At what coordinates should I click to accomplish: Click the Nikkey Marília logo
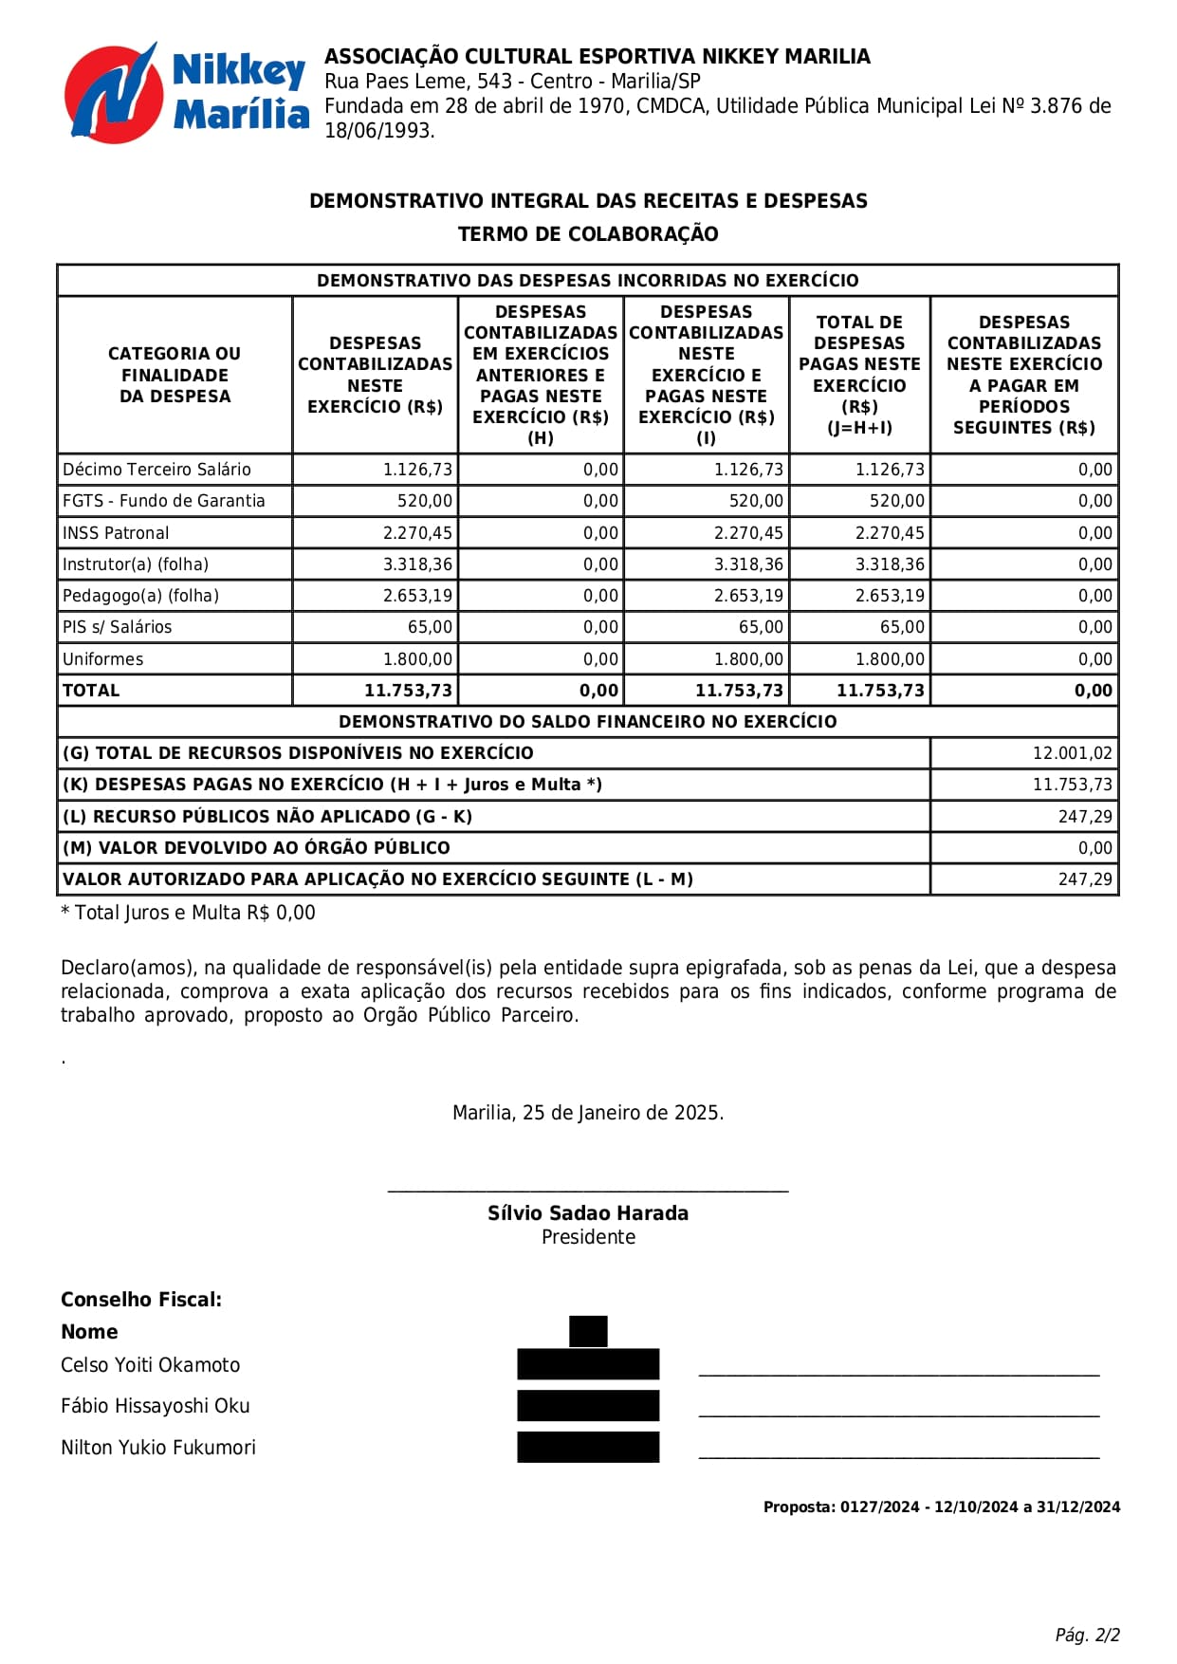(x=186, y=93)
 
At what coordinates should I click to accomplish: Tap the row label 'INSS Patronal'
(x=116, y=533)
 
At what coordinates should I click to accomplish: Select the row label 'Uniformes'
(x=102, y=659)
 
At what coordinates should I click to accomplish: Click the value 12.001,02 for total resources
(x=1072, y=753)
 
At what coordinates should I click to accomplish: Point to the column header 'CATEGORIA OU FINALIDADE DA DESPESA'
(x=175, y=375)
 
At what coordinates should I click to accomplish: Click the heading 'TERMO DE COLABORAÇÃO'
(x=588, y=234)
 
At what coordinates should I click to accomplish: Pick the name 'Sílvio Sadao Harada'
(x=588, y=1213)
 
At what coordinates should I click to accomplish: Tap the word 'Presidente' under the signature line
(x=588, y=1237)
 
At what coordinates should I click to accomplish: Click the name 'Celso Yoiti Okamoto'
(x=150, y=1365)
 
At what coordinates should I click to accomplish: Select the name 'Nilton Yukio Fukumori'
(x=158, y=1448)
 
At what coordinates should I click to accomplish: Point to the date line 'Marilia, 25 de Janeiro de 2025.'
(x=588, y=1113)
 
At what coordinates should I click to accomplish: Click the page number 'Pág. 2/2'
(x=1087, y=1635)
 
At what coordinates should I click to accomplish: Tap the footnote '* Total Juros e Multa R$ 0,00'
(x=188, y=913)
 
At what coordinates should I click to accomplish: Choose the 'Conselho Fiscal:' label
(x=141, y=1300)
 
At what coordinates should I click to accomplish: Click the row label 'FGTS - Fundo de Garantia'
(x=163, y=501)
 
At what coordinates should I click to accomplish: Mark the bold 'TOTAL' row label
(x=91, y=691)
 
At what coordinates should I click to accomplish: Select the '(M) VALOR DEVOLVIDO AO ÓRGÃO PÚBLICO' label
(x=256, y=848)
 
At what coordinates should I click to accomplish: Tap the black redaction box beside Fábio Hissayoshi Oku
(x=588, y=1406)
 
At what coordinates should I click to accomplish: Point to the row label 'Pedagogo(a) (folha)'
(x=140, y=596)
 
